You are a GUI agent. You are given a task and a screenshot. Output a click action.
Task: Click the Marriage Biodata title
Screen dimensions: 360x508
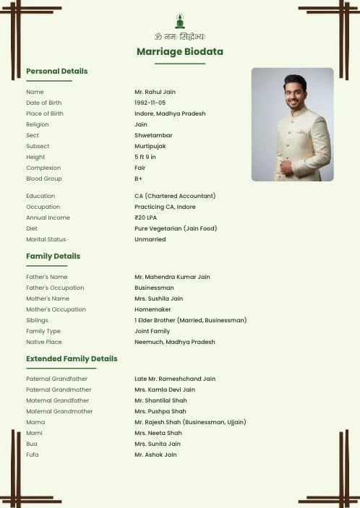coord(180,51)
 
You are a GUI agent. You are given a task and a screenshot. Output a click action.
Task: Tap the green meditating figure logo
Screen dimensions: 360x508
coord(180,21)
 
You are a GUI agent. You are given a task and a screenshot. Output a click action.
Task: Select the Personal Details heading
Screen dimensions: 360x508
coord(56,71)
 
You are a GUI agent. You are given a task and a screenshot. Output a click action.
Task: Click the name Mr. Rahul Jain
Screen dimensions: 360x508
coord(155,92)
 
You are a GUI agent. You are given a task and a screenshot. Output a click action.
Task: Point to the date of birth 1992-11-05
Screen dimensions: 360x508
coord(150,103)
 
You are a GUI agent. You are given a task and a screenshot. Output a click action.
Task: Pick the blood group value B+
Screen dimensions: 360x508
coord(139,178)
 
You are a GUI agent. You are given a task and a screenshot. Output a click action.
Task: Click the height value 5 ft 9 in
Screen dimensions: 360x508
coord(145,157)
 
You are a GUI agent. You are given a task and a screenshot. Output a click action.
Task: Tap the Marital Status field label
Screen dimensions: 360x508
coord(46,239)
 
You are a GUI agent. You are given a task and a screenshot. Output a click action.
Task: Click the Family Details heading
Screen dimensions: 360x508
coord(53,256)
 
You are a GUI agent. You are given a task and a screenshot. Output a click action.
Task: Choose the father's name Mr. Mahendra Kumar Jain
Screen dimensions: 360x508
coord(172,277)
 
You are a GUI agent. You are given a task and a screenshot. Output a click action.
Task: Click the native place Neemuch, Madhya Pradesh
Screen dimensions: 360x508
coord(174,342)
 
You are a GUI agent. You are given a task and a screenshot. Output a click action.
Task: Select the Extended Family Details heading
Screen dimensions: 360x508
coord(72,358)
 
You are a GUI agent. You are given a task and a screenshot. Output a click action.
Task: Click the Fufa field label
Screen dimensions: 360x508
coord(33,455)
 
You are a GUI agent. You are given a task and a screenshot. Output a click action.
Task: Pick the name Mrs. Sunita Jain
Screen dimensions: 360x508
coord(158,444)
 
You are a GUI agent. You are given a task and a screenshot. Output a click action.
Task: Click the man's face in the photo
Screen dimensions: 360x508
coord(295,93)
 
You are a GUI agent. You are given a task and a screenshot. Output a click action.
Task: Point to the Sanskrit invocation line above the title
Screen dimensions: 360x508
coord(180,36)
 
